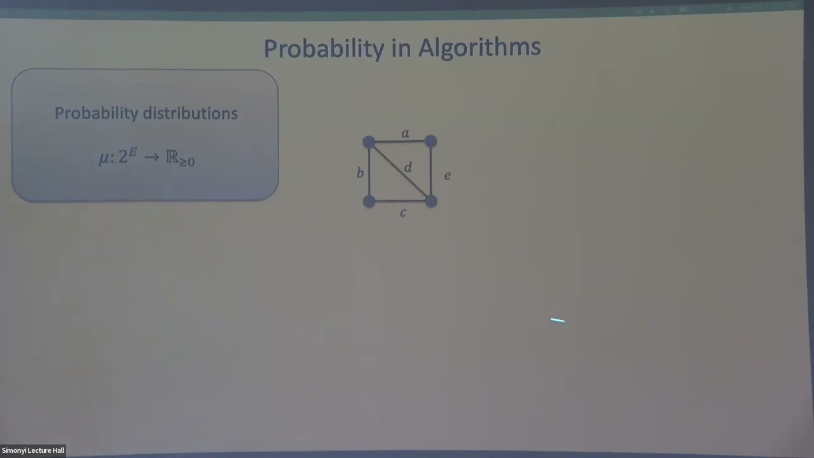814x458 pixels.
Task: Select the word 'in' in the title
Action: point(402,48)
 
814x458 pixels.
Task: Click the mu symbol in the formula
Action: point(105,158)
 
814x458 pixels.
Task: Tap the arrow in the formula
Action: point(151,157)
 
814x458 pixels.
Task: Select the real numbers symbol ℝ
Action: point(172,157)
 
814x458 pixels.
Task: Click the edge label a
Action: point(405,134)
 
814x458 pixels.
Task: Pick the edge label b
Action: point(360,173)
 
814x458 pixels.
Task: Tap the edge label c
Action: point(403,213)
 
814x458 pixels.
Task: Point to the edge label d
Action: point(408,167)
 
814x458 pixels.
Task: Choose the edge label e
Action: point(447,176)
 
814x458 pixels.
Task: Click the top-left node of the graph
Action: point(369,142)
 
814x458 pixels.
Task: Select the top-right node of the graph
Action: point(431,141)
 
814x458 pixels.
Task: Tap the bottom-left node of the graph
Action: point(369,201)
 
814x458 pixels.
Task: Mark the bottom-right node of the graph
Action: point(431,201)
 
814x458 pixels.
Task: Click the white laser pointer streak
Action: point(557,321)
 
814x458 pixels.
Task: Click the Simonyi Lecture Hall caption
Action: point(33,450)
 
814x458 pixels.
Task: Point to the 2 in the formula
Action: point(123,158)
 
